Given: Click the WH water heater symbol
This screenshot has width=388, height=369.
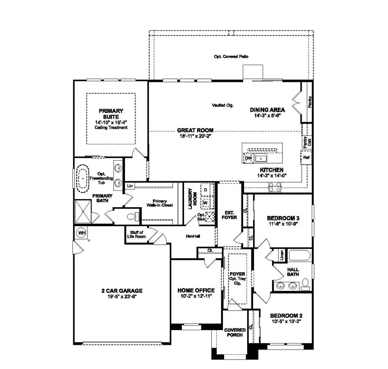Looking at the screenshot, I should click(x=81, y=233).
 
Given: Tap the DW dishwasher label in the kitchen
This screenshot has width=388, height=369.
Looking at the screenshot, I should click(x=248, y=158).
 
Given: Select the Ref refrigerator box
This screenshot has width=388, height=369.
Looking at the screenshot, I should click(x=306, y=158).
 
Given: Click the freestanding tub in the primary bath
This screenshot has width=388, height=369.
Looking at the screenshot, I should click(x=81, y=177).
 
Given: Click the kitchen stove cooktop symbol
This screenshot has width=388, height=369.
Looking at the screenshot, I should click(x=275, y=187).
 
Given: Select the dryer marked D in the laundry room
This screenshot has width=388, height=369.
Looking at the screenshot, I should click(x=206, y=190).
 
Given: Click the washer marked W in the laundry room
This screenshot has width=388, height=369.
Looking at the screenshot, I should click(x=206, y=202).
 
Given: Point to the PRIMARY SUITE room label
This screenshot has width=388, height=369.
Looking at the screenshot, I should click(x=111, y=114).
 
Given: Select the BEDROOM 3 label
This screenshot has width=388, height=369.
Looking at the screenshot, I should click(x=283, y=218).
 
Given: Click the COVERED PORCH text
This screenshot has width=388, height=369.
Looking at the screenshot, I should click(x=235, y=333).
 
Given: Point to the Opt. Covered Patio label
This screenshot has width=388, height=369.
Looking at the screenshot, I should click(x=231, y=57).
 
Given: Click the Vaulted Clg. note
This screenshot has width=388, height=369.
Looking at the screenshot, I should click(x=223, y=105).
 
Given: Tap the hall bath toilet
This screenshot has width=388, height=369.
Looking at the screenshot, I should click(x=306, y=283).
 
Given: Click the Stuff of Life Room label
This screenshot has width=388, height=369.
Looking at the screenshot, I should click(x=136, y=234).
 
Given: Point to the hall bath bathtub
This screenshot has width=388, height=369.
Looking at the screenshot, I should click(x=299, y=255).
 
